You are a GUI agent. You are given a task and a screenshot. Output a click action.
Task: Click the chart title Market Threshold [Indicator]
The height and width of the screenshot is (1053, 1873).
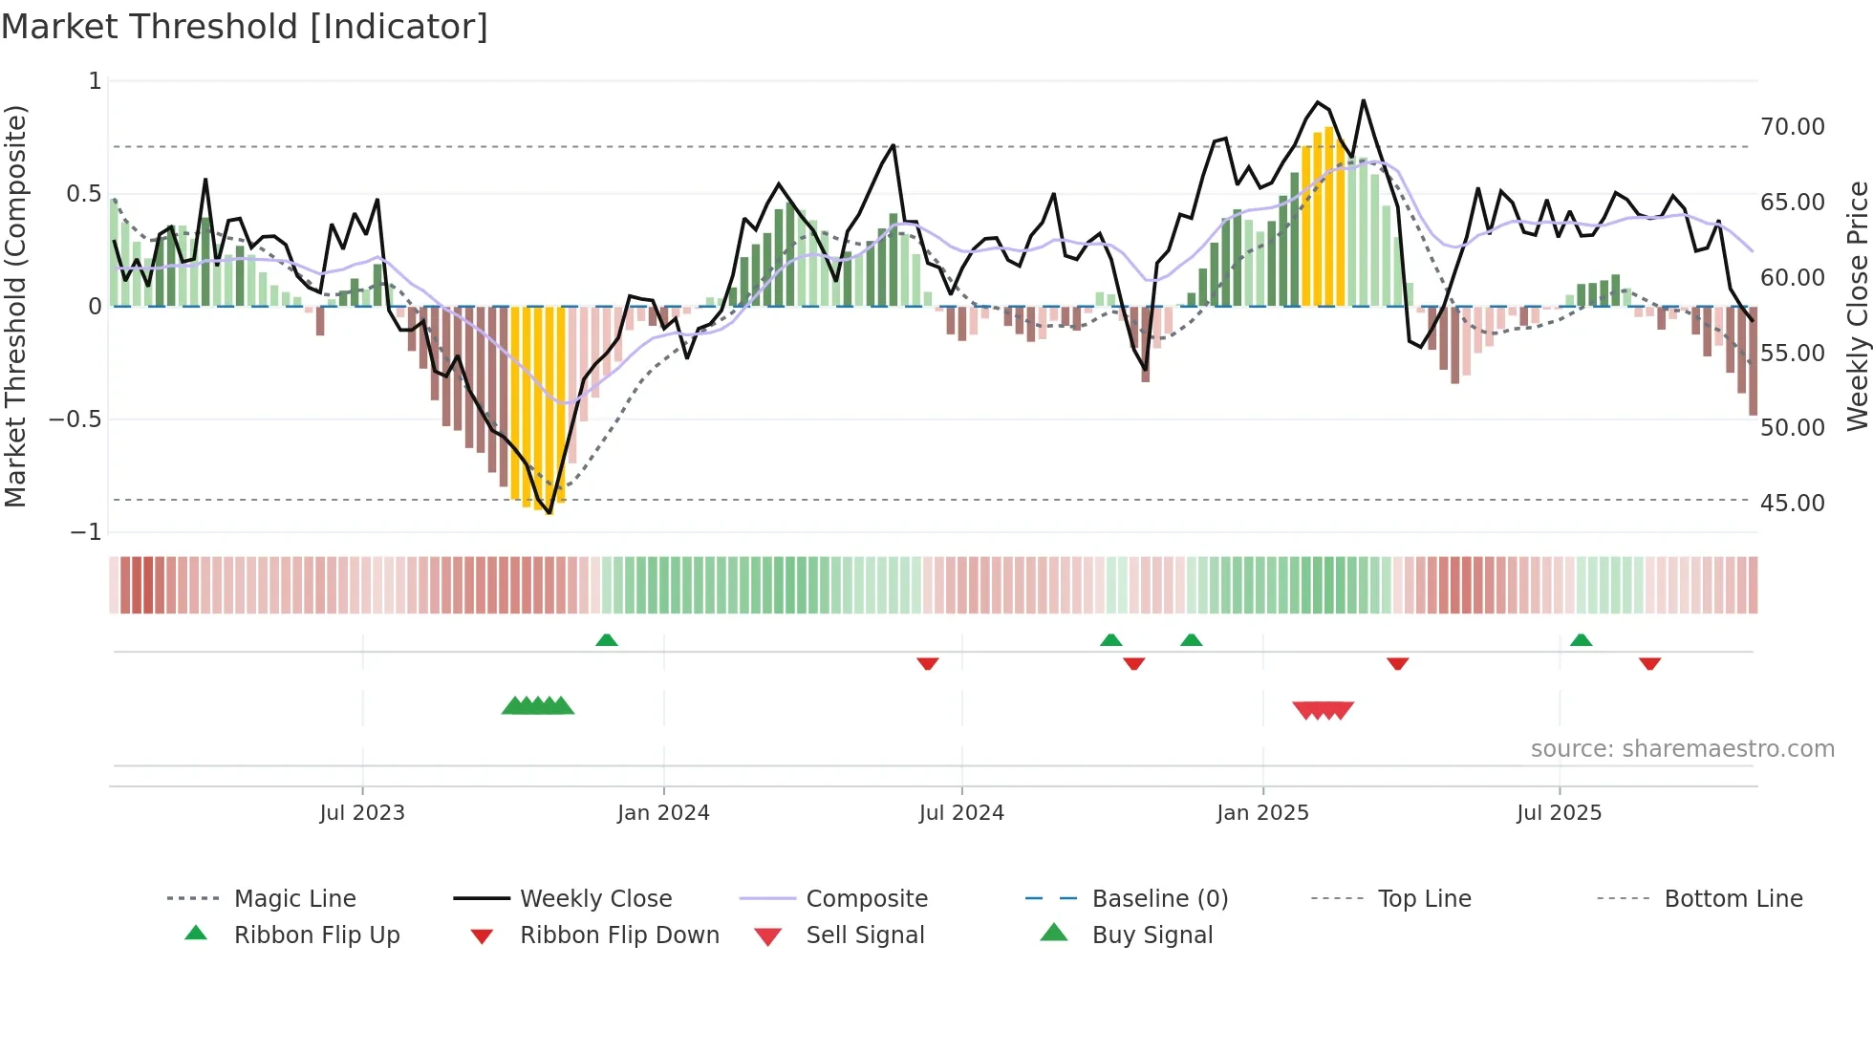pos(245,27)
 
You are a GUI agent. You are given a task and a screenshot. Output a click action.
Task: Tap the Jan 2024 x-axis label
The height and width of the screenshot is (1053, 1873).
pos(663,813)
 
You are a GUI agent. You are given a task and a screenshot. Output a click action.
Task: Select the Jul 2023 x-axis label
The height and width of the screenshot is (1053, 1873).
pos(362,813)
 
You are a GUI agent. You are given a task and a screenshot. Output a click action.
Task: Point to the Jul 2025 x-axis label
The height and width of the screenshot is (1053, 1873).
pos(1559,813)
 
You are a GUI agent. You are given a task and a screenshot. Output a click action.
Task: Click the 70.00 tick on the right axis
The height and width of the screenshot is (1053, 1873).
pos(1792,127)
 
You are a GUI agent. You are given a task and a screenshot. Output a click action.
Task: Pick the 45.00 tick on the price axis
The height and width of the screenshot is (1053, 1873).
pos(1792,504)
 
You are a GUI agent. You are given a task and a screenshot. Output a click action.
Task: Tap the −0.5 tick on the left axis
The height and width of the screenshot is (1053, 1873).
pos(75,419)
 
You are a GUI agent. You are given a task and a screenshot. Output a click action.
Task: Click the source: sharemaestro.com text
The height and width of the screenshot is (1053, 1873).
pos(1682,749)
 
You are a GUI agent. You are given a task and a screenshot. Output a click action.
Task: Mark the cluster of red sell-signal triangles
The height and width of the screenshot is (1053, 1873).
pos(1323,710)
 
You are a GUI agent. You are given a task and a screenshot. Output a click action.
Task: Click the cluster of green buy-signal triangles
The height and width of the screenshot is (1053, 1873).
pos(538,706)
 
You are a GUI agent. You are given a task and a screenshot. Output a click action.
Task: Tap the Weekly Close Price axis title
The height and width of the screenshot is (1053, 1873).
pos(1857,306)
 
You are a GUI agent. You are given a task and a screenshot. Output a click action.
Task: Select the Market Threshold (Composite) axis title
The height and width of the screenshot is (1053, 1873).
pos(15,306)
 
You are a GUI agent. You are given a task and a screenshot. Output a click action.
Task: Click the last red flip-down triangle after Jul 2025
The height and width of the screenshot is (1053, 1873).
pos(1649,663)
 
